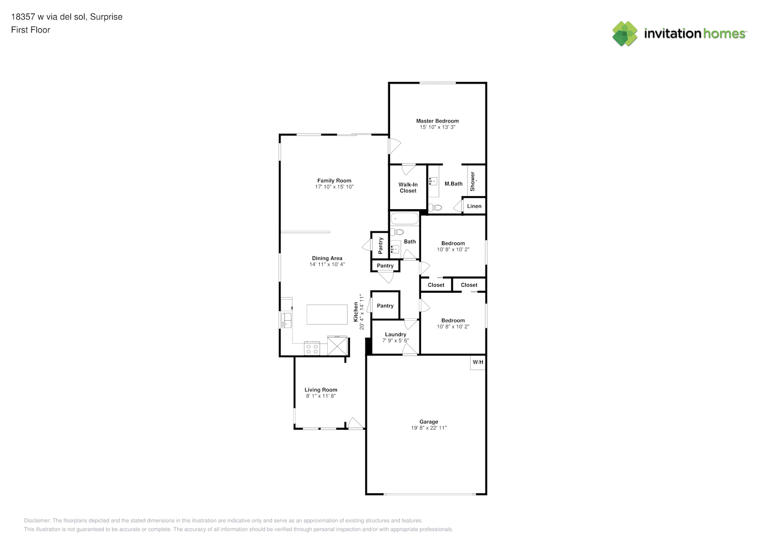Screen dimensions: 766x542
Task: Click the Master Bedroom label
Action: [x=437, y=121]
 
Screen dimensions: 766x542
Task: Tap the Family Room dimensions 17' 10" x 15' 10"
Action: [x=334, y=187]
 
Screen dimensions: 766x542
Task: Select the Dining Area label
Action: [x=327, y=259]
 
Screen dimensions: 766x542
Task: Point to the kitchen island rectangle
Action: [x=327, y=314]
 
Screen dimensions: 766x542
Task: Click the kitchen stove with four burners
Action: [x=312, y=349]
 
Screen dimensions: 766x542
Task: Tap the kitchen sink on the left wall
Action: [x=286, y=320]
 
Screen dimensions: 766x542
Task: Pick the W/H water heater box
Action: [x=478, y=363]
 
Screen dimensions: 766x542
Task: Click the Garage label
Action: [x=429, y=422]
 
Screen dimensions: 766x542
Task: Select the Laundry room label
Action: [x=395, y=334]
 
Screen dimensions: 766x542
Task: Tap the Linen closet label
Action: [x=474, y=206]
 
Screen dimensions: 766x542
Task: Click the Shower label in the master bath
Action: [x=472, y=182]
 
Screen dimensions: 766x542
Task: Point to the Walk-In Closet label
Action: [x=408, y=188]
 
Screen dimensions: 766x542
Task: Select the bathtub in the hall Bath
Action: [x=405, y=218]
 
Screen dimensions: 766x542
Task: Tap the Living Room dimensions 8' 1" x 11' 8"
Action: [x=321, y=396]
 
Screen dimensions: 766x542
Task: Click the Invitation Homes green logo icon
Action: [x=625, y=34]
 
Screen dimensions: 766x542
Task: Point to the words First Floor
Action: [x=30, y=30]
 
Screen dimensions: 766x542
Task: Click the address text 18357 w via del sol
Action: [x=49, y=17]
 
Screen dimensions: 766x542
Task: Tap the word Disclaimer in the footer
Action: [x=37, y=520]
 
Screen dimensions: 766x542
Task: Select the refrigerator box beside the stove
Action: [x=337, y=346]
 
